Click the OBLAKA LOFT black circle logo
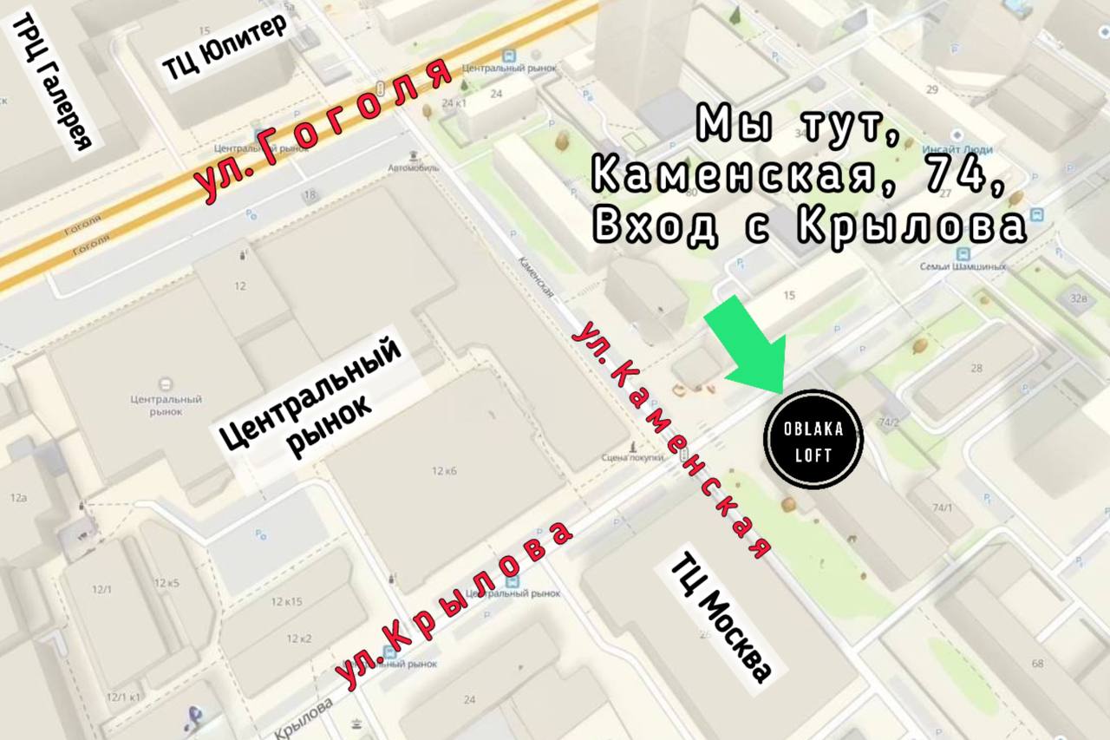pos(813,440)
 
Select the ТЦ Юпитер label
pos(224,48)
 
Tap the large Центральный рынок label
pos(310,400)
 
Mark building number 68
pos(1037,665)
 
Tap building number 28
pos(976,369)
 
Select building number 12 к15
pos(286,602)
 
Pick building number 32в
pos(1079,298)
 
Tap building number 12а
pos(19,498)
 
